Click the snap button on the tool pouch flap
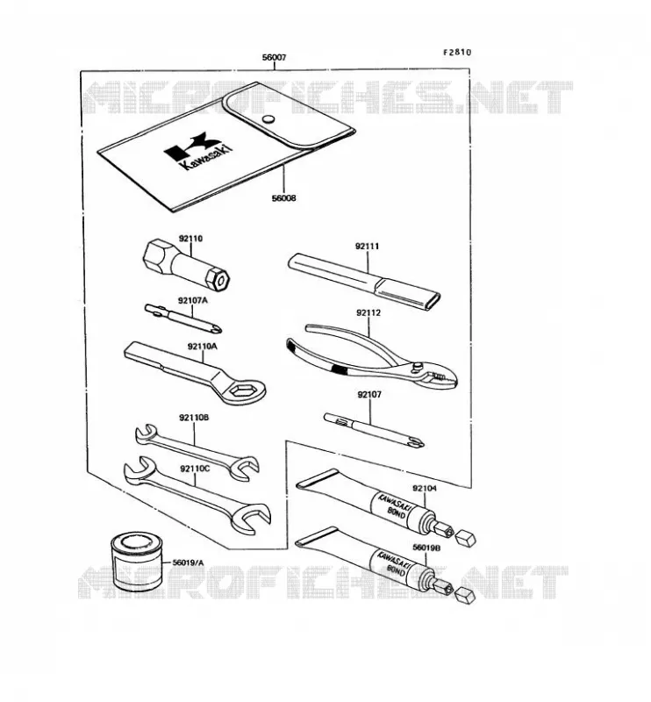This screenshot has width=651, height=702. point(268,119)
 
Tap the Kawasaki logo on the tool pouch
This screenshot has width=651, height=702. point(199,152)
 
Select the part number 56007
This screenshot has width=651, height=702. point(274,58)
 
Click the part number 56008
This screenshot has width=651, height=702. point(284,197)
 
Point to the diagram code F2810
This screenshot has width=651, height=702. point(457,52)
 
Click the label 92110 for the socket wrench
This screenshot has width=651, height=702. point(190,239)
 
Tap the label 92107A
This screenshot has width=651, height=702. point(193,300)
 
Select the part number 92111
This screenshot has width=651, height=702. point(367,247)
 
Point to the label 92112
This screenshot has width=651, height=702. point(368,313)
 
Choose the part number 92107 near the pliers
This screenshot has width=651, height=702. point(369,395)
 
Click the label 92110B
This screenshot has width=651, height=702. point(194,418)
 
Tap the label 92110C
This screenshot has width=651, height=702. point(195,469)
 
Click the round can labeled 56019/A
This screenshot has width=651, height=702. point(136,562)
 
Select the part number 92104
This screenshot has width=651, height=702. point(425,489)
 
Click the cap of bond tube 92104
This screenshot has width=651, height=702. point(466,537)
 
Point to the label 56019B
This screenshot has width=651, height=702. point(426,548)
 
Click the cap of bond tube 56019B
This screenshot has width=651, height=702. point(464,595)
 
